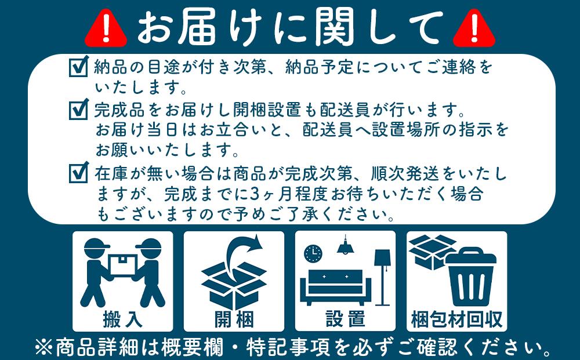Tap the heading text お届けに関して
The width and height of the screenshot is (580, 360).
point(290,27)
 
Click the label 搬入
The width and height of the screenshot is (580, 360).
point(122,318)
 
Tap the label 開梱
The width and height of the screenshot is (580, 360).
point(234,318)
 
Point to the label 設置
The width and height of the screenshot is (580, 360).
point(345,318)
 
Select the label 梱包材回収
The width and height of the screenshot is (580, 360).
point(456,318)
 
